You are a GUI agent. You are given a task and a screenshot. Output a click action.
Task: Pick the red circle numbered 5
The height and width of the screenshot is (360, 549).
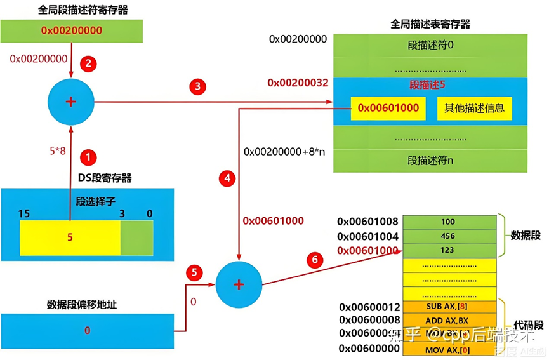pos(195,274)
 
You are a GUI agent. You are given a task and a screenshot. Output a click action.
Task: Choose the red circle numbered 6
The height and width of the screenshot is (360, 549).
pos(313,260)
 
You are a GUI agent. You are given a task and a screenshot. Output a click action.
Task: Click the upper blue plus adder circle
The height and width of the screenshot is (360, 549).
pos(71,103)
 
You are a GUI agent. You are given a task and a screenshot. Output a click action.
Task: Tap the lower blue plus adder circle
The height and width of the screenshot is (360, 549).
pos(239,284)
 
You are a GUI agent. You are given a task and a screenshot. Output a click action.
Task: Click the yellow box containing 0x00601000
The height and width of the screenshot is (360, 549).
pos(388,108)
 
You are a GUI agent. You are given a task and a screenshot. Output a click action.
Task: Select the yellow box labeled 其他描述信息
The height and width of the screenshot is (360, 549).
pos(473,108)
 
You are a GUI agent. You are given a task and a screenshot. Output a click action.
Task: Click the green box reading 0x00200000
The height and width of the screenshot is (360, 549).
pos(72,30)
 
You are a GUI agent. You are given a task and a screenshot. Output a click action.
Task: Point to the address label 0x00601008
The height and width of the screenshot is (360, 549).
pos(367,222)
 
